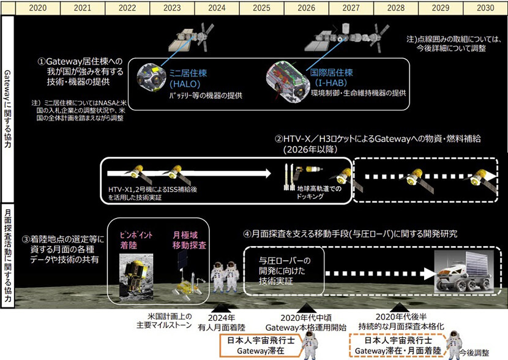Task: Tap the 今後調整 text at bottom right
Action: (x=477, y=353)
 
